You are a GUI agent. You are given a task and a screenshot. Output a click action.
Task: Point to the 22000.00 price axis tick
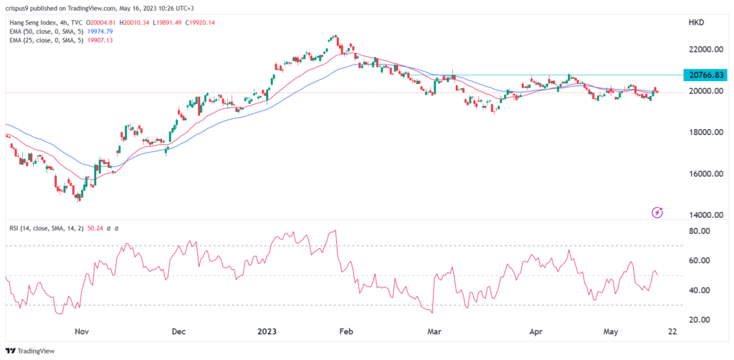700,49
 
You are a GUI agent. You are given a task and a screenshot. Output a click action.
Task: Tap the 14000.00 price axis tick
700,215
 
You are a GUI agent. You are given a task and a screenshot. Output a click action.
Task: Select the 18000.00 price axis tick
700,133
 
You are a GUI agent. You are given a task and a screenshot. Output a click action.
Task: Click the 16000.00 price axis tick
700,174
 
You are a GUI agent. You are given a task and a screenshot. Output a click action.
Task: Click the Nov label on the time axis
81,332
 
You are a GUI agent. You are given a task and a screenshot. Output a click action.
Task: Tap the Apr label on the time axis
535,332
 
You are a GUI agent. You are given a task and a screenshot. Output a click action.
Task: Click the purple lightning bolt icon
657,212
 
